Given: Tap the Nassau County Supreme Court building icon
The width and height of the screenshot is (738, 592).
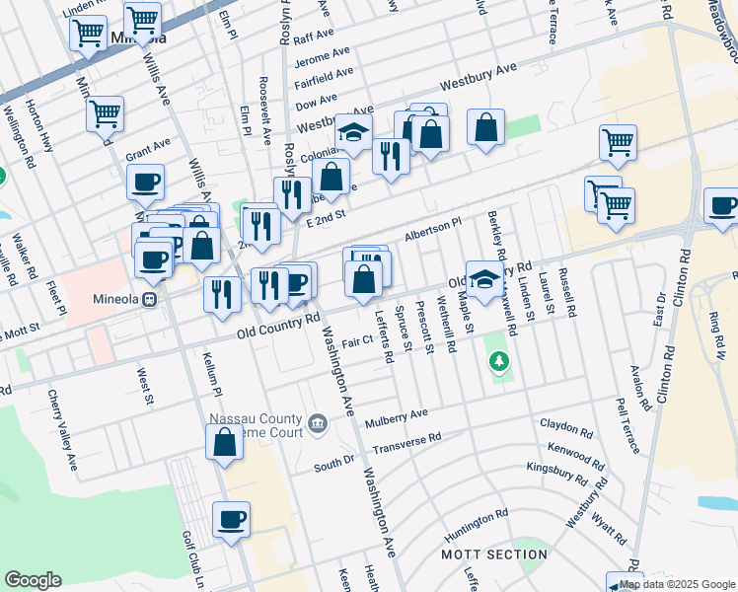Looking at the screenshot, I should (318, 423).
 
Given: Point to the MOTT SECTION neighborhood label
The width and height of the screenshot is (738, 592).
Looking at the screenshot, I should (480, 555).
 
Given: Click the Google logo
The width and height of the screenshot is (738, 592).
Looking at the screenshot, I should (33, 580).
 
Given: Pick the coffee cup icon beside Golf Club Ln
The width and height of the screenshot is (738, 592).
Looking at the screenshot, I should (231, 519).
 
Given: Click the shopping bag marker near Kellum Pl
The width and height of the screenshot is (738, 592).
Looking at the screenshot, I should (225, 441).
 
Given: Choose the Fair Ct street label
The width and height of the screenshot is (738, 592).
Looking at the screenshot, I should (355, 341).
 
